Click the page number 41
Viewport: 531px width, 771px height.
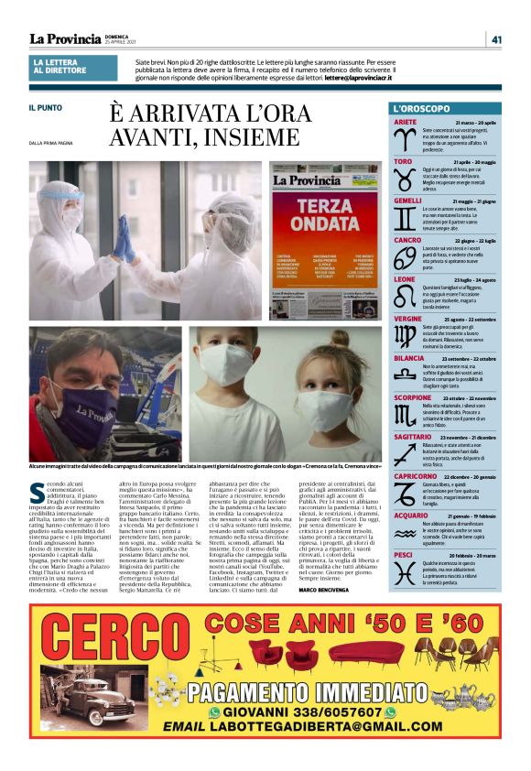pos(496,38)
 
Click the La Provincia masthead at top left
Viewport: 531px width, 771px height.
pos(65,38)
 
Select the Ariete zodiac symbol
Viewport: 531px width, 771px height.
pos(404,140)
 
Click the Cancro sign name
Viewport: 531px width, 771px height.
pos(407,240)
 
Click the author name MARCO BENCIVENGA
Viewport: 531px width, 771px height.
pos(329,590)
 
